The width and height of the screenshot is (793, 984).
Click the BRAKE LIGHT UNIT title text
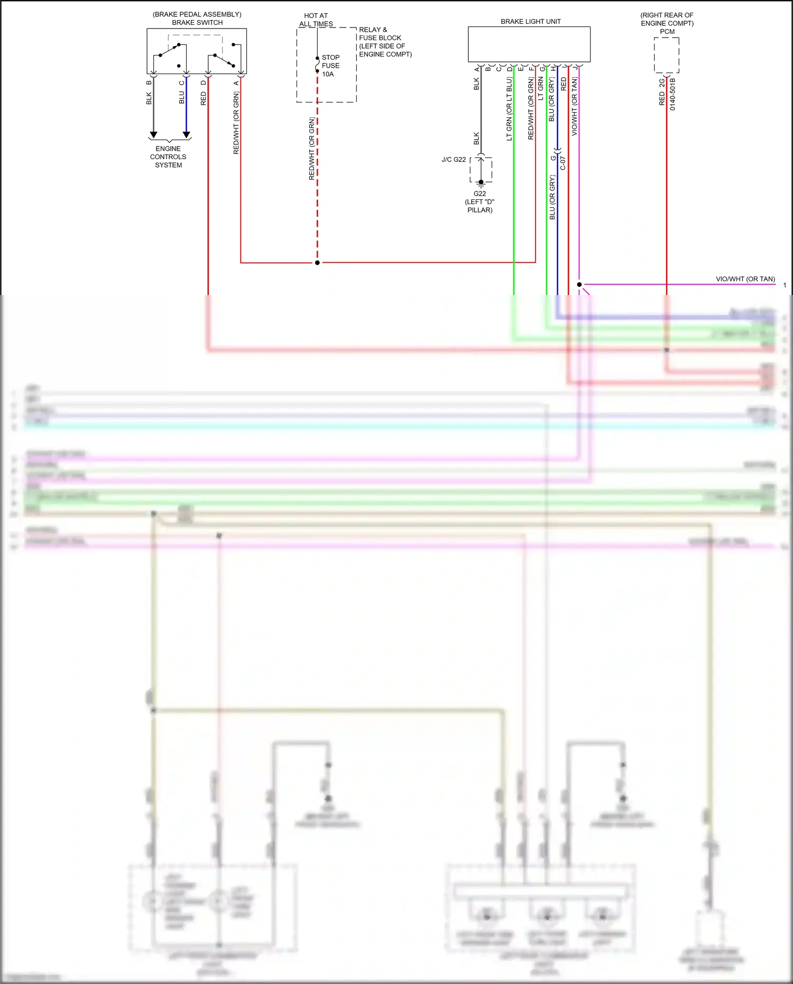(530, 22)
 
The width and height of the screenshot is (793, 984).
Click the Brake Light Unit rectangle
(529, 44)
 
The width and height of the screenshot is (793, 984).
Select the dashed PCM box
(666, 55)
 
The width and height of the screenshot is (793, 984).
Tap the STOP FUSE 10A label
(330, 66)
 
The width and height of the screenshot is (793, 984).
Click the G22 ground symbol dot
(481, 182)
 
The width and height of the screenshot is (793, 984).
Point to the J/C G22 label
(454, 160)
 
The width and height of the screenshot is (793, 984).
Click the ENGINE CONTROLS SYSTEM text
(168, 157)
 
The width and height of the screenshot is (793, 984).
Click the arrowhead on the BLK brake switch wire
(153, 135)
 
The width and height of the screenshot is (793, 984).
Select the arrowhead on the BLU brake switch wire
(186, 135)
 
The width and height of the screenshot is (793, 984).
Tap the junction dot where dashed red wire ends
(317, 263)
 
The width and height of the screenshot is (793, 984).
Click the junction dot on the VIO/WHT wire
(579, 284)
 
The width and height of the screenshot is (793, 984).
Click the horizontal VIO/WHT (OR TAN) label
(745, 279)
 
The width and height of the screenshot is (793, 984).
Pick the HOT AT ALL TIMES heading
(316, 20)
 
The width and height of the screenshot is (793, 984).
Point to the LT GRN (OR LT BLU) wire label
(509, 109)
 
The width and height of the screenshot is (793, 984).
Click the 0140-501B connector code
(672, 94)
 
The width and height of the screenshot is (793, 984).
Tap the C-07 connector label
(563, 163)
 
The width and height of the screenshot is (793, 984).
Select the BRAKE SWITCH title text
(197, 23)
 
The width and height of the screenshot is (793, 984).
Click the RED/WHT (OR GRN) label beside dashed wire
(311, 149)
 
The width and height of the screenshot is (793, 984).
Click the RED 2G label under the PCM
(661, 93)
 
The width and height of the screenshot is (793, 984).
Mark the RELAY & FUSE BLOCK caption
(385, 42)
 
